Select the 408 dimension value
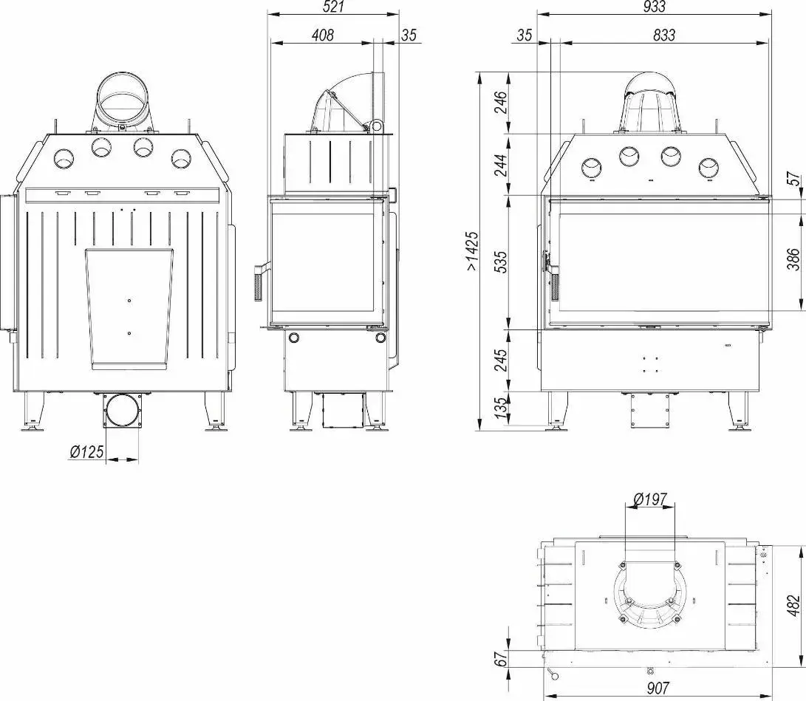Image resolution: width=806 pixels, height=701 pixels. pyautogui.click(x=323, y=34)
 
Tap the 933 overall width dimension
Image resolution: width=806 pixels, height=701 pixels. pyautogui.click(x=654, y=7)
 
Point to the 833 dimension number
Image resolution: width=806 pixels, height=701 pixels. pyautogui.click(x=663, y=34)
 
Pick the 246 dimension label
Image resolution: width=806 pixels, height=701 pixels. pyautogui.click(x=501, y=103)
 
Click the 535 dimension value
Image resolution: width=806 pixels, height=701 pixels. pyautogui.click(x=501, y=263)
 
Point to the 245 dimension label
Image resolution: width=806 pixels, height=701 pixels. pyautogui.click(x=501, y=360)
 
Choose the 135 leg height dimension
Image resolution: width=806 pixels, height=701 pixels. pyautogui.click(x=501, y=408)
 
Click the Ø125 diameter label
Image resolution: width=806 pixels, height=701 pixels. pyautogui.click(x=87, y=451)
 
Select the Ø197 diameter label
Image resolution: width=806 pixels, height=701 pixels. pyautogui.click(x=650, y=500)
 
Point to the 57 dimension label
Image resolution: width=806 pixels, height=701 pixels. pyautogui.click(x=793, y=179)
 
